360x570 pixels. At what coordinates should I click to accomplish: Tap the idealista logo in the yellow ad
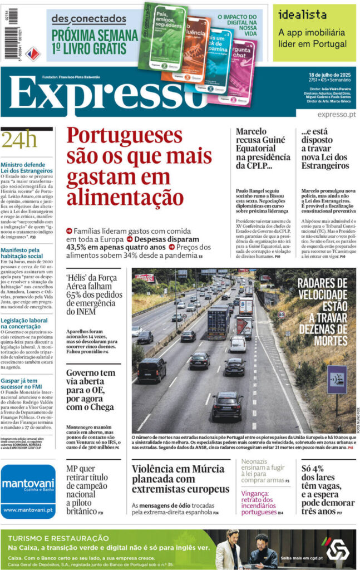tap(303, 15)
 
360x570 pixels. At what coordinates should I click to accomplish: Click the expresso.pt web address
tap(336, 115)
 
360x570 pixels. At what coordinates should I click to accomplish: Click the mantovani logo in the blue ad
tap(28, 484)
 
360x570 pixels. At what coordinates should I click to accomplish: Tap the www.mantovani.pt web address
tap(28, 509)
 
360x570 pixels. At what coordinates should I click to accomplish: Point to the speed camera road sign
tap(337, 379)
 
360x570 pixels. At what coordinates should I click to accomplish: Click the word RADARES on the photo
tap(322, 283)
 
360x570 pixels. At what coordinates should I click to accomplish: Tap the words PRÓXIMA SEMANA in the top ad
tap(95, 35)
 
